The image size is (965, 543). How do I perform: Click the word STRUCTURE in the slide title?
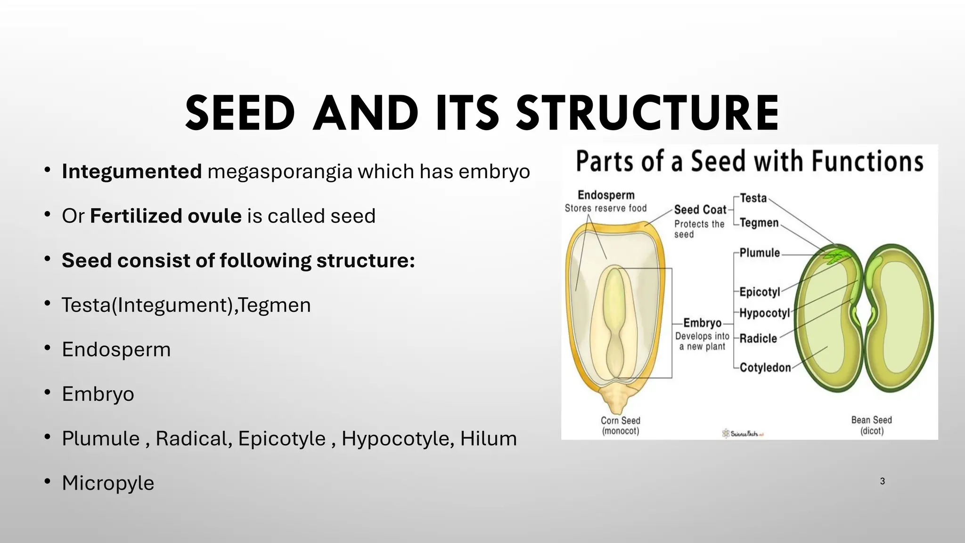point(647,114)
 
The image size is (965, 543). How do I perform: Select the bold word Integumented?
point(132,172)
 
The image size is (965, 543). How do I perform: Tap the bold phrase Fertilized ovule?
point(166,216)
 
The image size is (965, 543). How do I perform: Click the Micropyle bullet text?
point(108,483)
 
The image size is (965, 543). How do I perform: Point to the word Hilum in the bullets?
point(488,439)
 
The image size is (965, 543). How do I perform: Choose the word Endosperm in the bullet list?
point(116,350)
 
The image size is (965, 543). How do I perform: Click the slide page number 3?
point(883,481)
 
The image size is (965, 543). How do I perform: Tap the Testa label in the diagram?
point(753,198)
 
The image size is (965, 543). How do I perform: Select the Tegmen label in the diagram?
point(759,222)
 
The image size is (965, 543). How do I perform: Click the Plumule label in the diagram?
point(760,253)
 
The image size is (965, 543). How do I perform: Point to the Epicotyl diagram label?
point(760,292)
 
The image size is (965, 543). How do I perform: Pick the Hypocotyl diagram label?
point(764,313)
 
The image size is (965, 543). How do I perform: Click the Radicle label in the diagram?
point(758,338)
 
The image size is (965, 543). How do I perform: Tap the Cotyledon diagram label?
point(765,368)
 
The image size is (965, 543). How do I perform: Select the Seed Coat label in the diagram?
point(700,210)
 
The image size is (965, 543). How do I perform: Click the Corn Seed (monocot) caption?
point(621,426)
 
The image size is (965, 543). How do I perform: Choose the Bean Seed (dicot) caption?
point(872,425)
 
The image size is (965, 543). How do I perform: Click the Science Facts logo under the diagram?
point(743,433)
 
